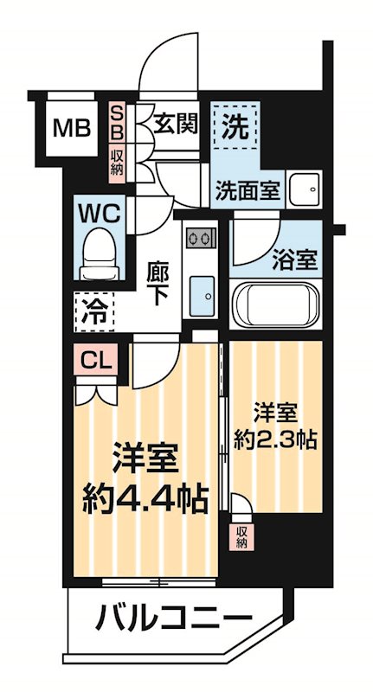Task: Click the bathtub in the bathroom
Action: tap(275, 305)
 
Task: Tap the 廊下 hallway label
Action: tap(157, 283)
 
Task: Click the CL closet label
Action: tap(95, 358)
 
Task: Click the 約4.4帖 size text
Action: tap(145, 498)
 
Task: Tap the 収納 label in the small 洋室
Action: tap(241, 535)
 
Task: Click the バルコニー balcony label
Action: tap(173, 618)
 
